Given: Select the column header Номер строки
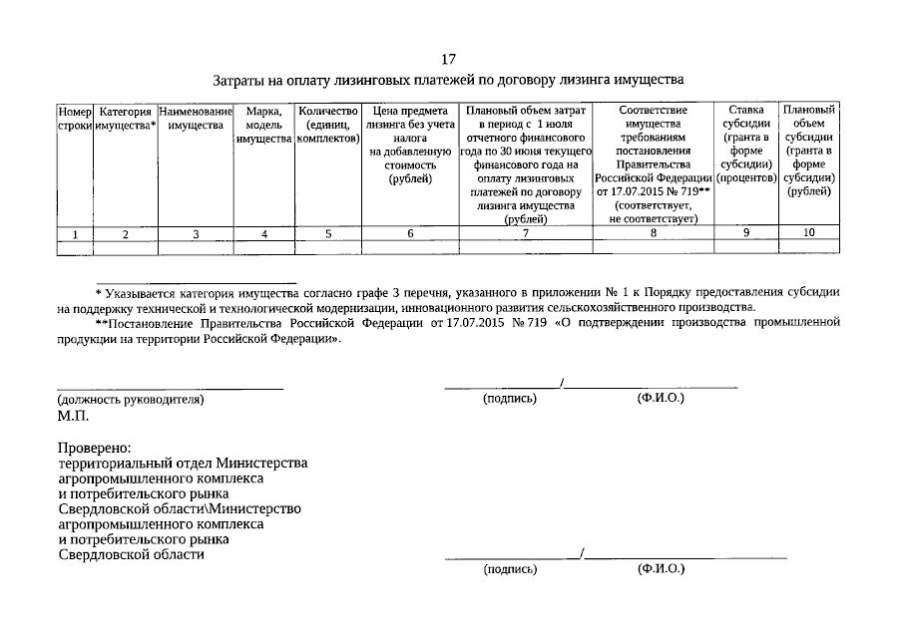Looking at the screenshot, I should tap(75, 118).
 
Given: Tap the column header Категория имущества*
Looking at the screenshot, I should tap(126, 118).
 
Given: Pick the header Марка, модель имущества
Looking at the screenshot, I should tap(263, 126).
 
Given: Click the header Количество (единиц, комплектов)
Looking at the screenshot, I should tap(327, 126).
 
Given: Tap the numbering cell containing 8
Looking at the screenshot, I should tap(654, 233).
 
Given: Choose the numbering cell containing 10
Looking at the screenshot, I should tap(809, 232).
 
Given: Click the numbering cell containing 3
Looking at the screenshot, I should tap(196, 234).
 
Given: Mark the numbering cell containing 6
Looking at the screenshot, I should tap(410, 234).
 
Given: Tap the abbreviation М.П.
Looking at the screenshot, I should tap(73, 416).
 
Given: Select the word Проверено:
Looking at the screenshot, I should tap(94, 448).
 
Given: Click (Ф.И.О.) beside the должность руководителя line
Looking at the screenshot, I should tap(660, 398).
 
